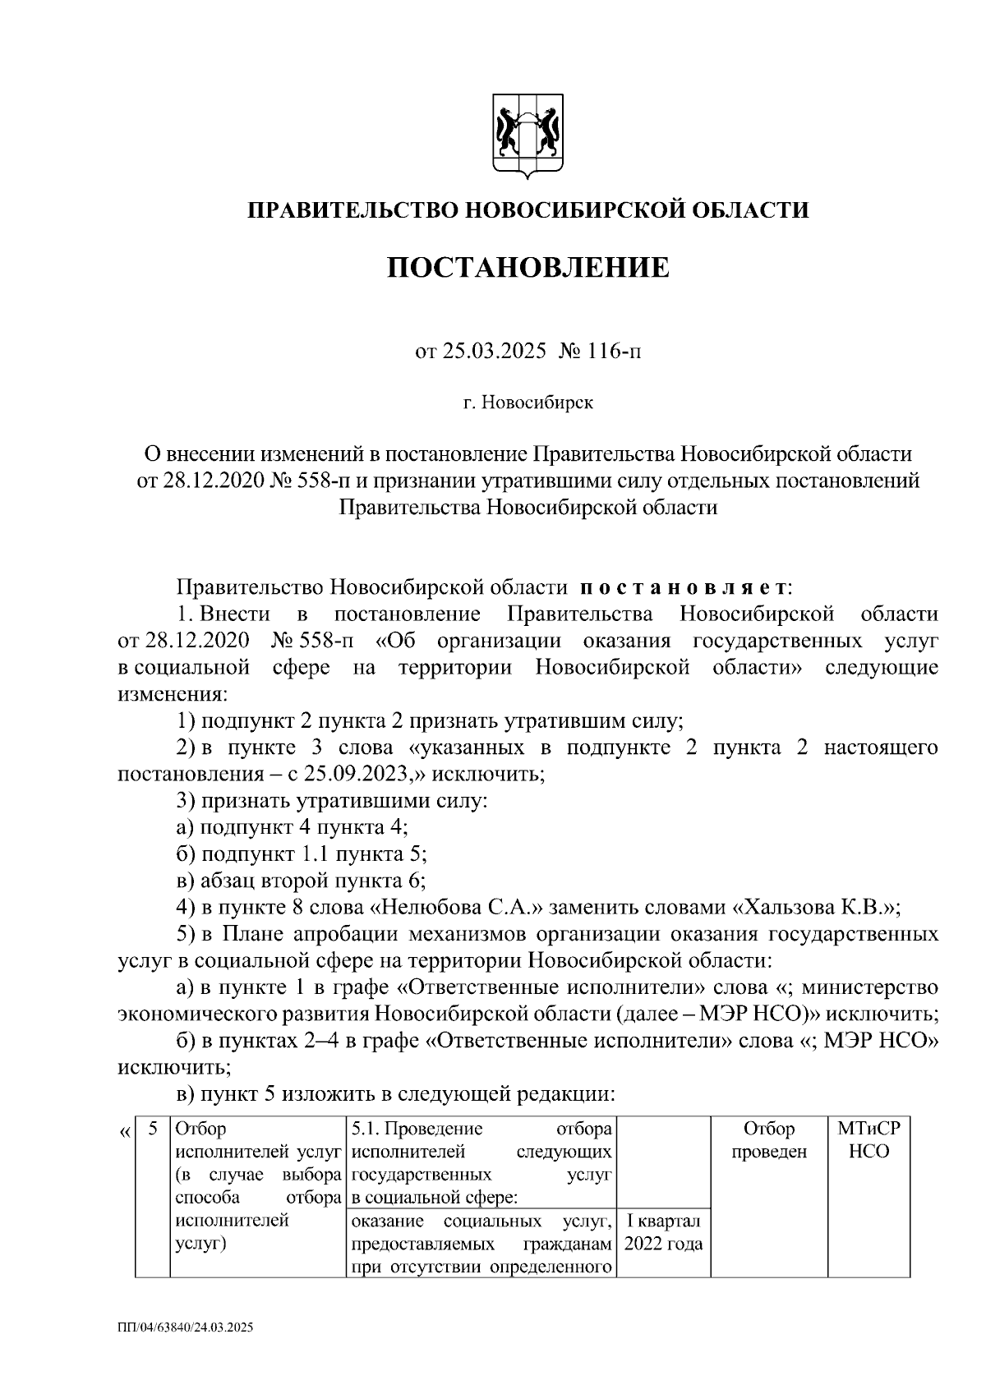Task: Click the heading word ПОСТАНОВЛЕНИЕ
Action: tap(528, 268)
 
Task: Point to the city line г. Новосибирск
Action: tap(528, 403)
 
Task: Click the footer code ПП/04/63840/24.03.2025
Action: tap(186, 1327)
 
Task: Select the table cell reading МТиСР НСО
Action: tap(869, 1140)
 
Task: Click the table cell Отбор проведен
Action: tap(769, 1140)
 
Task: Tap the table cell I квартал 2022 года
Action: tap(663, 1232)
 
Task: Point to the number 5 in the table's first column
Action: tap(152, 1129)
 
